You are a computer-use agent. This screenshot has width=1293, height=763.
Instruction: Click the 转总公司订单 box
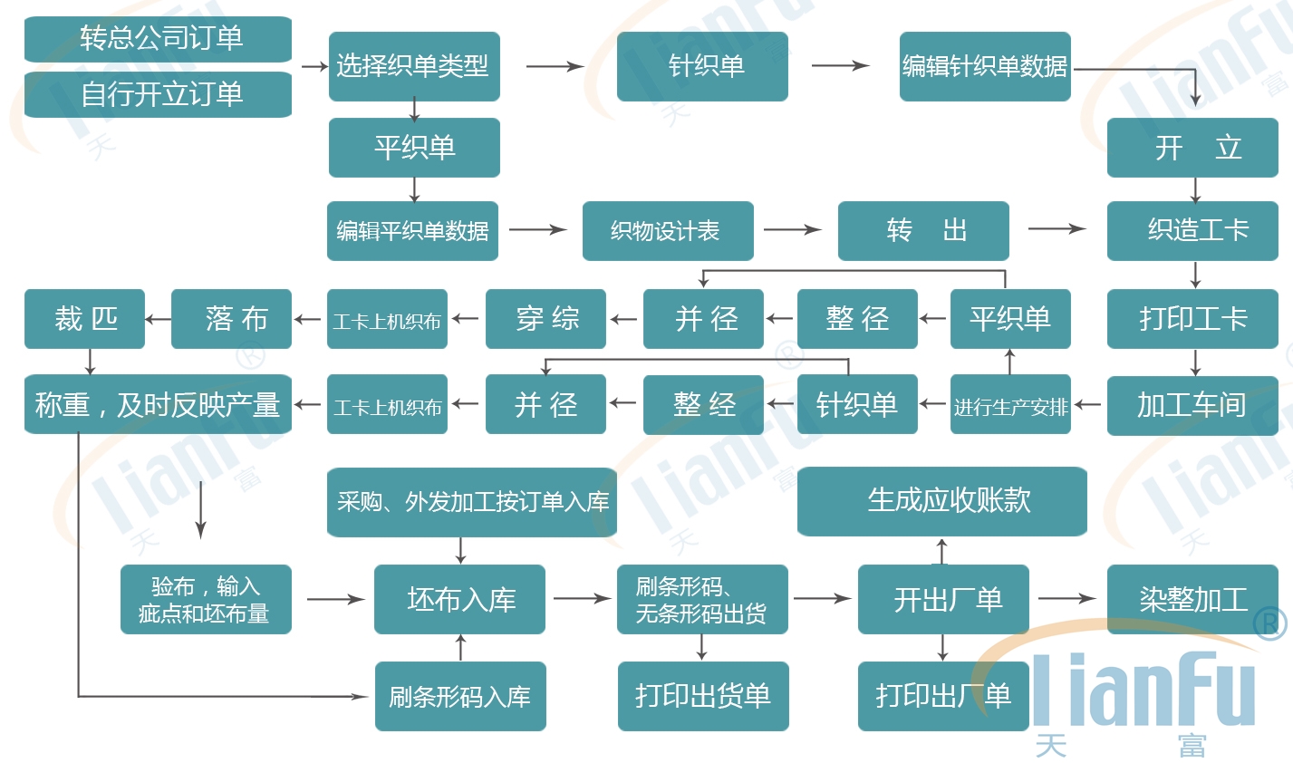(158, 39)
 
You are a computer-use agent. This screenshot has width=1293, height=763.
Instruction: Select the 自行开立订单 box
(158, 94)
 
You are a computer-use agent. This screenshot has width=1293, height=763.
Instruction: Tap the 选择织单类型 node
(414, 66)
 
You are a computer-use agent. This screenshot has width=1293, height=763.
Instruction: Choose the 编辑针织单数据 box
(985, 66)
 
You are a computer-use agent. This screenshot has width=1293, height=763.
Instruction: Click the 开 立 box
(1192, 147)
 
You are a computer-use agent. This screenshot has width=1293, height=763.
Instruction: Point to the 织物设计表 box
(668, 231)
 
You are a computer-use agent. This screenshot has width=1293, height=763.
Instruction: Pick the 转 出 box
(923, 231)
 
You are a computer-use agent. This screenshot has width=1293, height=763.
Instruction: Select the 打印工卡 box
(1192, 319)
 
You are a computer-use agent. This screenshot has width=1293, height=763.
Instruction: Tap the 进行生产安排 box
(1010, 404)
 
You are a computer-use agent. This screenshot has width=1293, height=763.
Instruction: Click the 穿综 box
(545, 319)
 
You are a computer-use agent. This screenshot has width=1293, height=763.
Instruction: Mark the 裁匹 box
(84, 319)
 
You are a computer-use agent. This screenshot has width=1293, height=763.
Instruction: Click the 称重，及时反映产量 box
(158, 404)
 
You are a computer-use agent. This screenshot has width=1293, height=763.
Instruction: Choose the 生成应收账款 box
(942, 501)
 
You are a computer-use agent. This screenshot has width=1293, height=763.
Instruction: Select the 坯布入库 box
(459, 599)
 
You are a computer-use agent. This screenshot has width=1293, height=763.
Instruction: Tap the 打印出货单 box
(703, 696)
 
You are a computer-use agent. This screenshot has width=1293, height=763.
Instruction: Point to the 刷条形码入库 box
(460, 696)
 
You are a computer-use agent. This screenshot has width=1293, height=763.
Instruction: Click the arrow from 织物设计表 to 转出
(793, 230)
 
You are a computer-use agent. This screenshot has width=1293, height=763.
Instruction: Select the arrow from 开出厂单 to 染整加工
(1067, 598)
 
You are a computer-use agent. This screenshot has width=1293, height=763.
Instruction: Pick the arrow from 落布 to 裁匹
(159, 319)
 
